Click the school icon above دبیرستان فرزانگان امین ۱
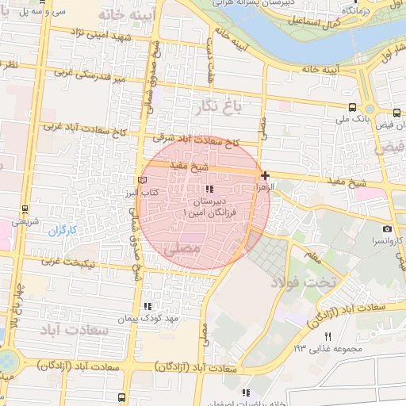click(209, 189)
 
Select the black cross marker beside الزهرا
click(264, 175)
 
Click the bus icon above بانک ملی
click(352, 107)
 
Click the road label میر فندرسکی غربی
click(87, 77)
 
